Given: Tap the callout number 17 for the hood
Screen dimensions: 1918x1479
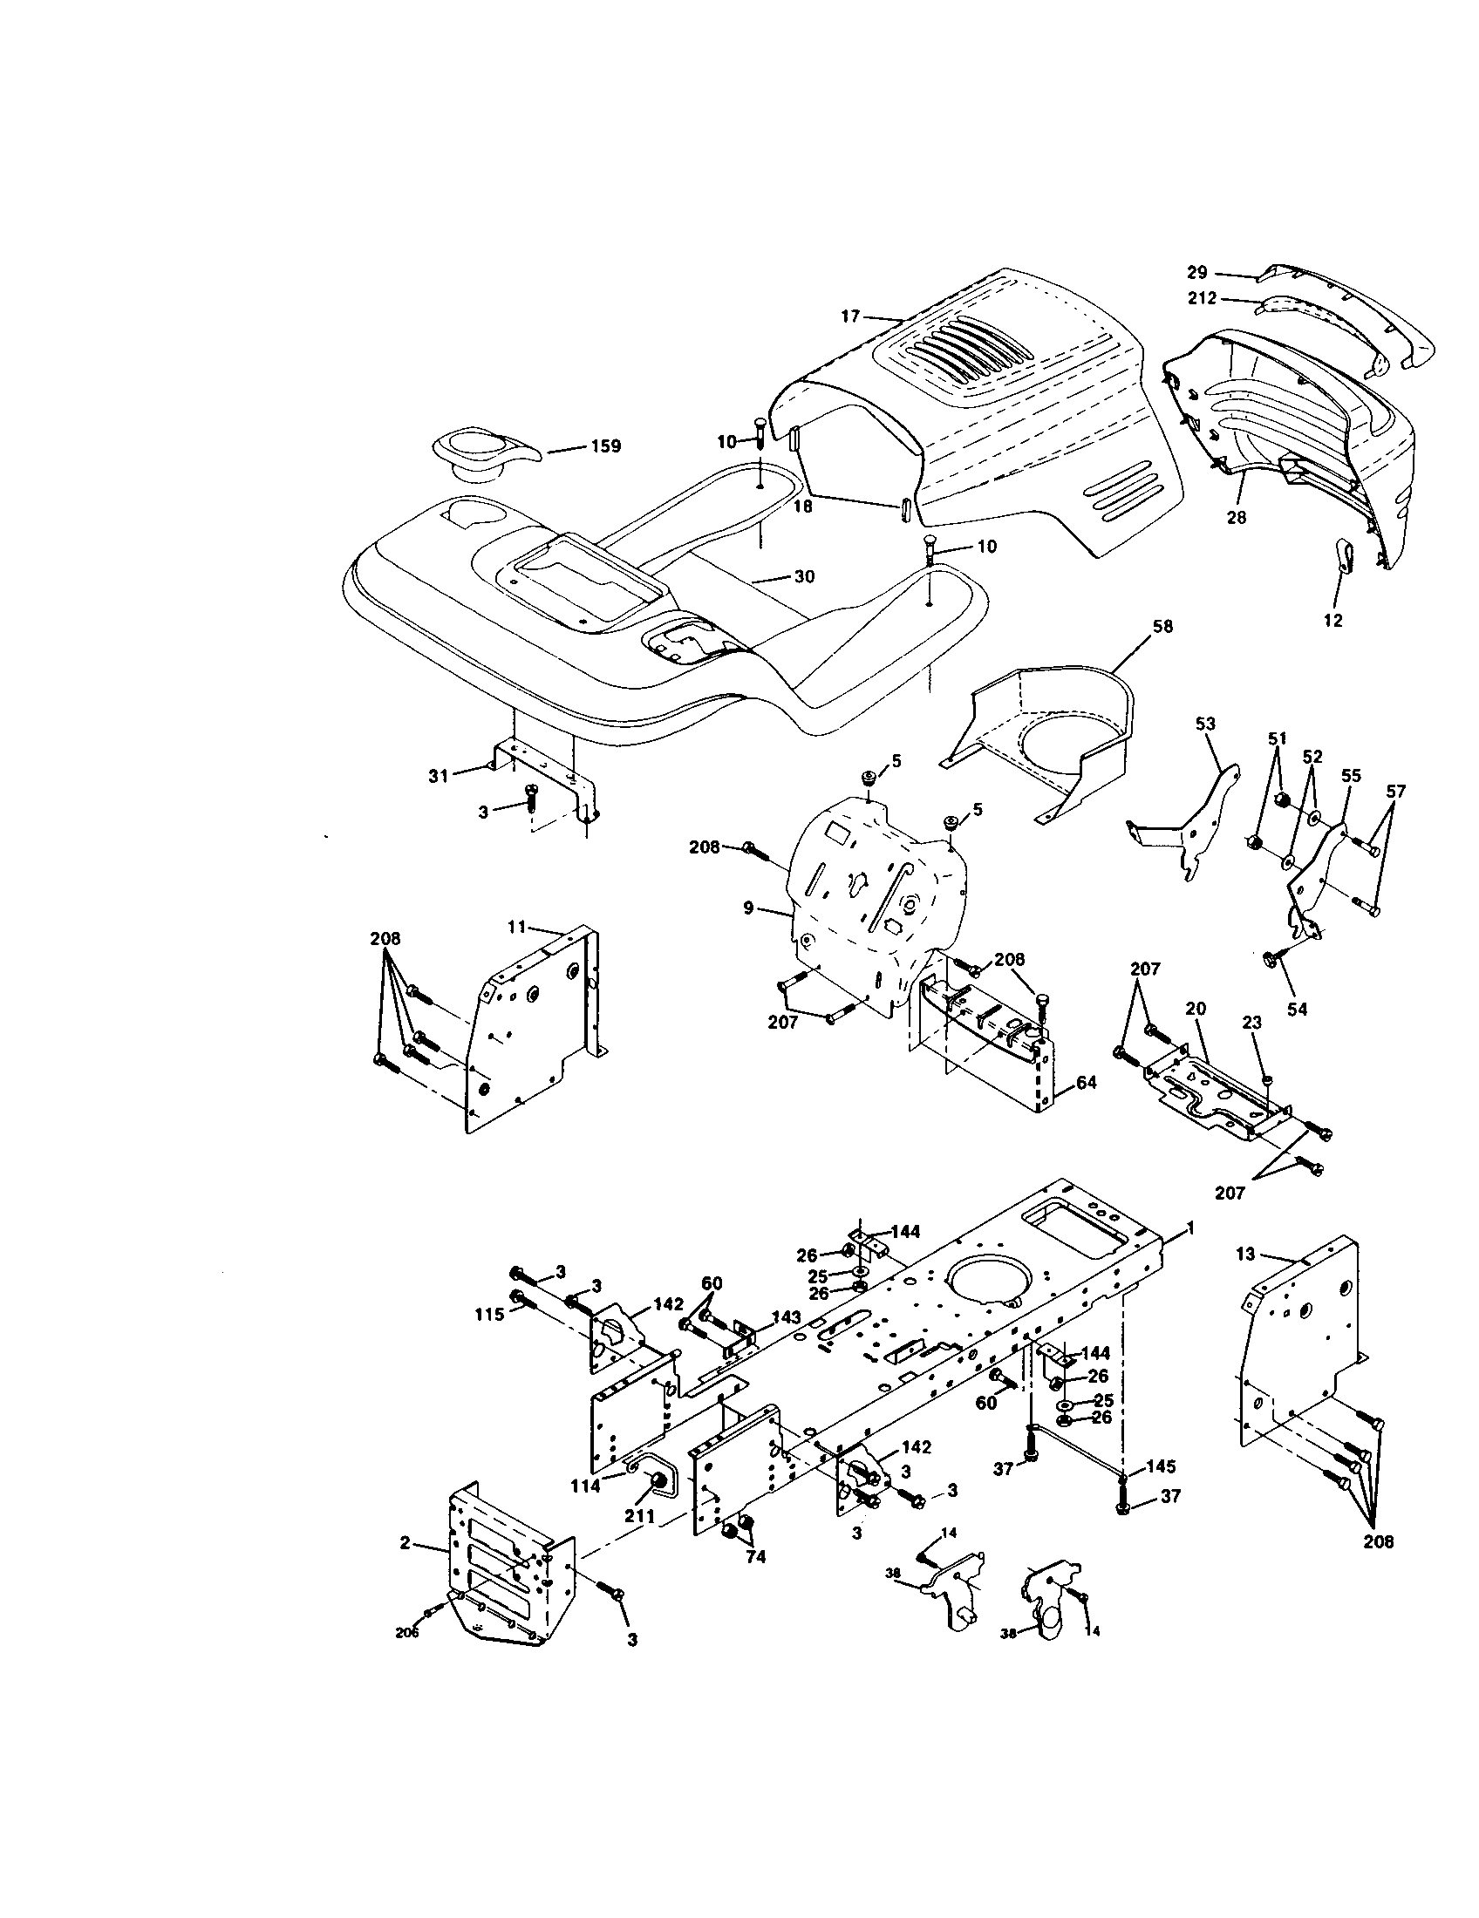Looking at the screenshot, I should point(850,316).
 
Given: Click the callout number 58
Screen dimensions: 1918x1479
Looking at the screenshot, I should point(1162,627).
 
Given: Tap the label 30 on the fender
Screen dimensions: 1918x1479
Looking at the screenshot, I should point(804,577).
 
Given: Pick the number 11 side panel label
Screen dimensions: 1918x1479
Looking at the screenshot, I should point(516,927).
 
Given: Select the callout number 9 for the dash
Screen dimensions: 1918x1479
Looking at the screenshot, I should point(749,908).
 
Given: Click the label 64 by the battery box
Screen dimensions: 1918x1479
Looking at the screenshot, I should point(1087,1083).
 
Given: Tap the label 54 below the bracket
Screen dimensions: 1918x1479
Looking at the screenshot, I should point(1297,1010).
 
